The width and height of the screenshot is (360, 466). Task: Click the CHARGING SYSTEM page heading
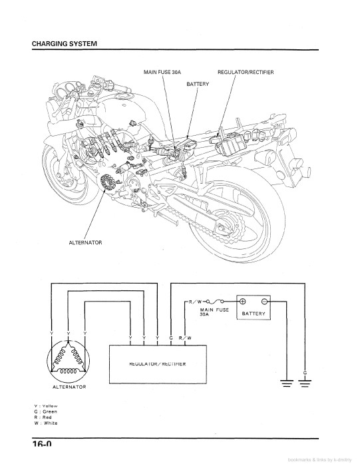65,43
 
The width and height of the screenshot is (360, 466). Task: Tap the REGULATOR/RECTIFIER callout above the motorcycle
246,72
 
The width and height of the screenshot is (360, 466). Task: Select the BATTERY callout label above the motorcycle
198,85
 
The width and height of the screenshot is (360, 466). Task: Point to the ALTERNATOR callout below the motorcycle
85,242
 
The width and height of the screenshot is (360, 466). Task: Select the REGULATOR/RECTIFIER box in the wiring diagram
157,364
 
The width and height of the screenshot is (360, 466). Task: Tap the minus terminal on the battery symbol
264,301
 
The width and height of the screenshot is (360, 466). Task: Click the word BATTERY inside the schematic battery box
254,313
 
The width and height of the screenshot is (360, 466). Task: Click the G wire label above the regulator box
172,339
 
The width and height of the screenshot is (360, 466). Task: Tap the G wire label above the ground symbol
305,372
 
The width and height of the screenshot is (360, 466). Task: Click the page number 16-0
41,445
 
